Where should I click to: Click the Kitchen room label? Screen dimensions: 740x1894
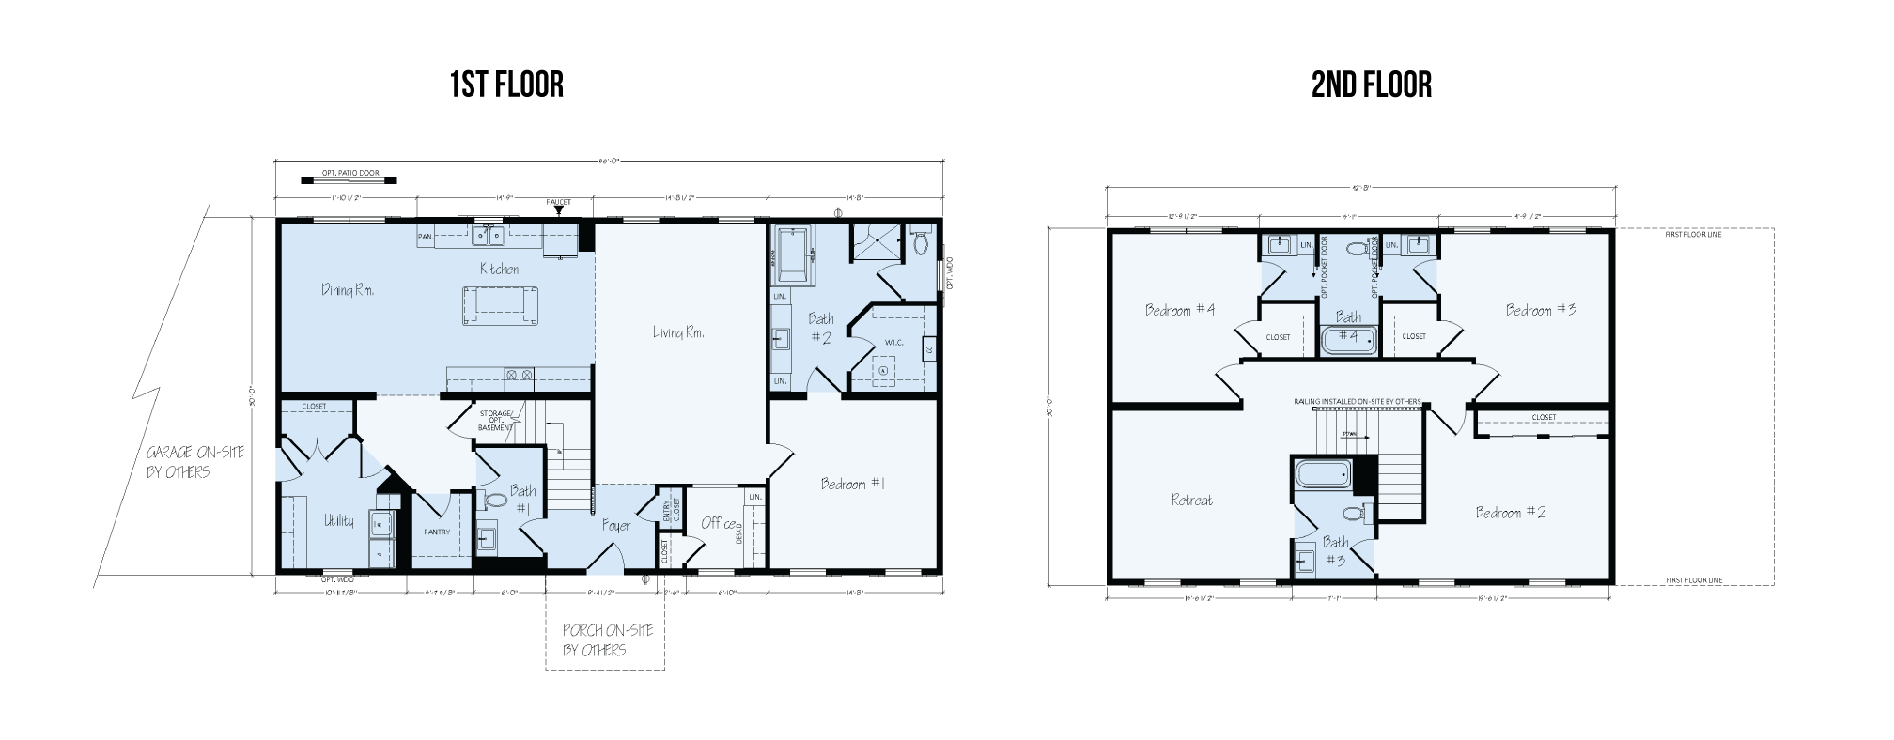pyautogui.click(x=499, y=270)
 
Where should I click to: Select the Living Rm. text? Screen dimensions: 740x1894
pyautogui.click(x=679, y=333)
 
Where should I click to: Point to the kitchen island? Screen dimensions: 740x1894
pyautogui.click(x=499, y=305)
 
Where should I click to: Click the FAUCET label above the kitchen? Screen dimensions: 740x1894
pyautogui.click(x=558, y=203)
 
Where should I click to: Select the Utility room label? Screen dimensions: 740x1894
pyautogui.click(x=339, y=521)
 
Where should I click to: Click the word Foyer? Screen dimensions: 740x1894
pyautogui.click(x=615, y=526)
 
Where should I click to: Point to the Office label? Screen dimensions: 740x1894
pyautogui.click(x=719, y=523)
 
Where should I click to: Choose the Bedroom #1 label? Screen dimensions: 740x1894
pyautogui.click(x=853, y=485)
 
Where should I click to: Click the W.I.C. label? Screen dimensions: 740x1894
pyautogui.click(x=893, y=342)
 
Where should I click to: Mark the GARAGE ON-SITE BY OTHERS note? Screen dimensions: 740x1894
pyautogui.click(x=194, y=462)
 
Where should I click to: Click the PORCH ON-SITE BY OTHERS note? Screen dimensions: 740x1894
pyautogui.click(x=607, y=640)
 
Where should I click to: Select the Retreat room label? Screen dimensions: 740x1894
pyautogui.click(x=1191, y=500)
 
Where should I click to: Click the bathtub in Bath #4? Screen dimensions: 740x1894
pyautogui.click(x=1348, y=340)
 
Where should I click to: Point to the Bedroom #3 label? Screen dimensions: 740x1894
pyautogui.click(x=1541, y=310)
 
